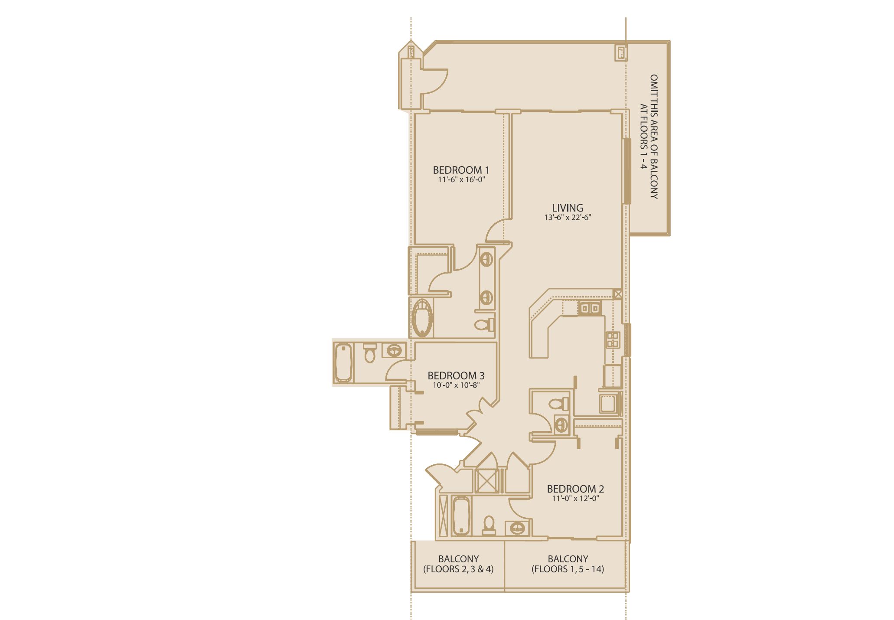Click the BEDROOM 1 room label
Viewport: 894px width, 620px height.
pos(461,170)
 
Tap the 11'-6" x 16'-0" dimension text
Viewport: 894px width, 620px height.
pos(461,179)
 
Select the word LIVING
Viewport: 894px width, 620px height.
pos(568,208)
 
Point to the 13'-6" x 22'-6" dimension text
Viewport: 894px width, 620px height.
pos(568,217)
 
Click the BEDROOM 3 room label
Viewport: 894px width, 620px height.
pos(456,375)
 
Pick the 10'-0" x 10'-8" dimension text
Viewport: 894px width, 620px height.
pos(456,385)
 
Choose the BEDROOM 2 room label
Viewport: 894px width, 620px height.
pos(575,489)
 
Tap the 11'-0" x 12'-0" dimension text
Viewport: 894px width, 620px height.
pos(575,498)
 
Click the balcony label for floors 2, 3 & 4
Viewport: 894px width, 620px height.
pos(458,564)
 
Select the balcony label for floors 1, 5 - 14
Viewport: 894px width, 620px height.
pos(568,564)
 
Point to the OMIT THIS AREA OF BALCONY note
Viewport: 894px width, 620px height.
pos(649,137)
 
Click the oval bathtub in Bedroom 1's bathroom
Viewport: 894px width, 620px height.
pos(422,318)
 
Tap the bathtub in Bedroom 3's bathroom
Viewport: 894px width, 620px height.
pos(343,362)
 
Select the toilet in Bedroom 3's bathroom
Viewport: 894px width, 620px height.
pos(369,352)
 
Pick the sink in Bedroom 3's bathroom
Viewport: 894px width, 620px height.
pos(394,350)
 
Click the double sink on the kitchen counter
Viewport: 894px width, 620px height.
pos(590,308)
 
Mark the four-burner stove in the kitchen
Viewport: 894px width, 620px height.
pos(613,339)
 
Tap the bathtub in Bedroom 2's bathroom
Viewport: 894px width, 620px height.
pos(461,516)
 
